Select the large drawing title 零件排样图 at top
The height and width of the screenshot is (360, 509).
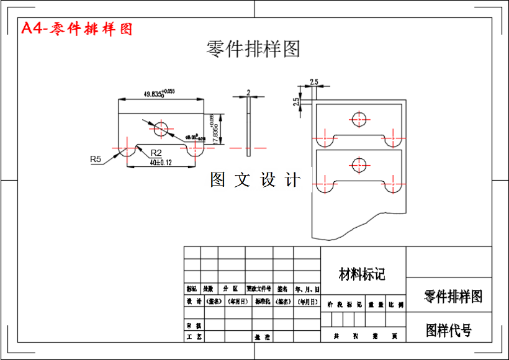[x=253, y=49]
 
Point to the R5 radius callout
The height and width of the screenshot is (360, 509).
[x=96, y=160]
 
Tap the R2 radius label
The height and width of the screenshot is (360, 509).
[x=156, y=153]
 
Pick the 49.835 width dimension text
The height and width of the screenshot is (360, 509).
[x=160, y=94]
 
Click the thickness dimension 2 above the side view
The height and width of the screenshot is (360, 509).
[x=248, y=92]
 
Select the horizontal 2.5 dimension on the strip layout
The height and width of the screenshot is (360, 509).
[x=313, y=82]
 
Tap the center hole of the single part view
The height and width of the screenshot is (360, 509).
[x=161, y=128]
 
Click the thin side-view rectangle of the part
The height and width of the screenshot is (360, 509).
[x=248, y=127]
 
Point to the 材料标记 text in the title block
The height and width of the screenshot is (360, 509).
[x=362, y=274]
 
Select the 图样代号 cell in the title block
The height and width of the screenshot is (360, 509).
[x=449, y=330]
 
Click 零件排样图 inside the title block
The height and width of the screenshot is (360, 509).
[x=453, y=296]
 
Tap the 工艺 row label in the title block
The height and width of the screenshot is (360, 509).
[x=194, y=336]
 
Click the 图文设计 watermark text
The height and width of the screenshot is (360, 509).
[x=255, y=180]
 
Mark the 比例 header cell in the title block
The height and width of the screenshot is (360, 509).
[x=396, y=305]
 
